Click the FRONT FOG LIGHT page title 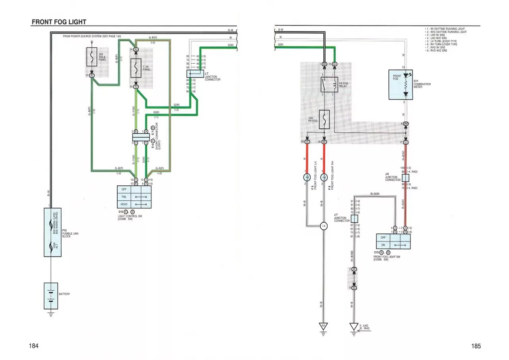tap(59, 22)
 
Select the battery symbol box tap(51, 296)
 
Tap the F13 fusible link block tap(52, 232)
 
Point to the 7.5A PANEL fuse tap(136, 68)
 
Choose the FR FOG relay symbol tap(329, 85)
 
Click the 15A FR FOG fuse tap(324, 119)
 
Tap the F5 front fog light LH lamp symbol tap(307, 177)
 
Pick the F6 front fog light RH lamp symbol tap(324, 177)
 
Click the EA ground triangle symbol tap(324, 327)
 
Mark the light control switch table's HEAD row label tap(124, 204)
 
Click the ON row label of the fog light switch tap(383, 245)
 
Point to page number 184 tap(33, 346)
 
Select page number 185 tap(476, 346)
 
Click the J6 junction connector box tap(406, 178)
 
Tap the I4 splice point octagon tap(324, 226)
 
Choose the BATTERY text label tap(64, 294)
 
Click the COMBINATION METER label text tap(422, 86)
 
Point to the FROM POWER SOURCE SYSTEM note tap(92, 36)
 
